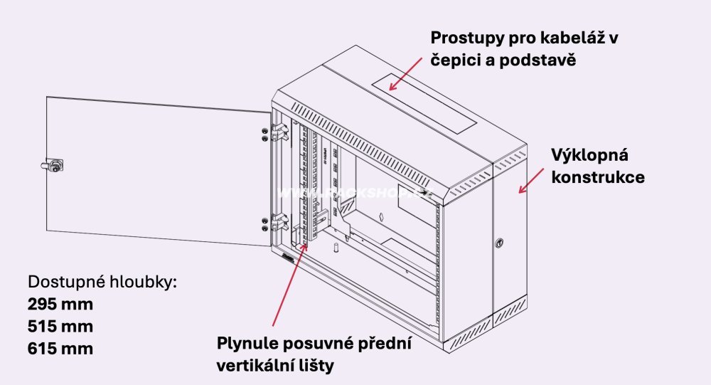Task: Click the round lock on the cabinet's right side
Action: click(x=500, y=243)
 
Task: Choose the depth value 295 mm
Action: click(x=60, y=305)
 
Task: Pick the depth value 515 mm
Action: click(x=60, y=327)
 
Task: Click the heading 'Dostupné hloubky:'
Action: click(x=102, y=282)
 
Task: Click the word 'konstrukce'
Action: click(x=598, y=177)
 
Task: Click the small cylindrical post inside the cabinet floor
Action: click(x=333, y=250)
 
